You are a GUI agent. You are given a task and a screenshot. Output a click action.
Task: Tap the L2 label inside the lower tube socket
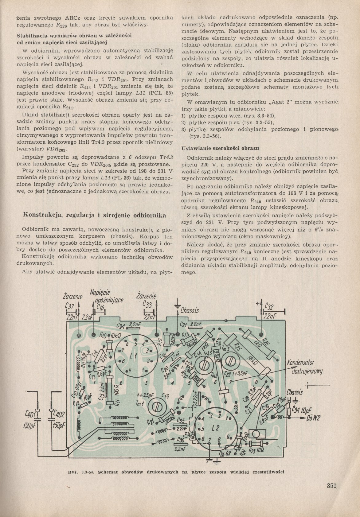[x=215, y=428]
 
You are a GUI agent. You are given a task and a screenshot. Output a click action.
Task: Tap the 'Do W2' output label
[x=312, y=418]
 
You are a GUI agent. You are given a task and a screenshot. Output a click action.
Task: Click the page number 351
[x=332, y=485]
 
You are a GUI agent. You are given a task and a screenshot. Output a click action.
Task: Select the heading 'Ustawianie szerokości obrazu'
[x=220, y=149]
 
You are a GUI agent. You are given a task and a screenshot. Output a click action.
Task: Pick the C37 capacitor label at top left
[x=70, y=306]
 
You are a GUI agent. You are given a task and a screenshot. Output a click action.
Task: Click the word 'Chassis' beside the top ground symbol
[x=190, y=310]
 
